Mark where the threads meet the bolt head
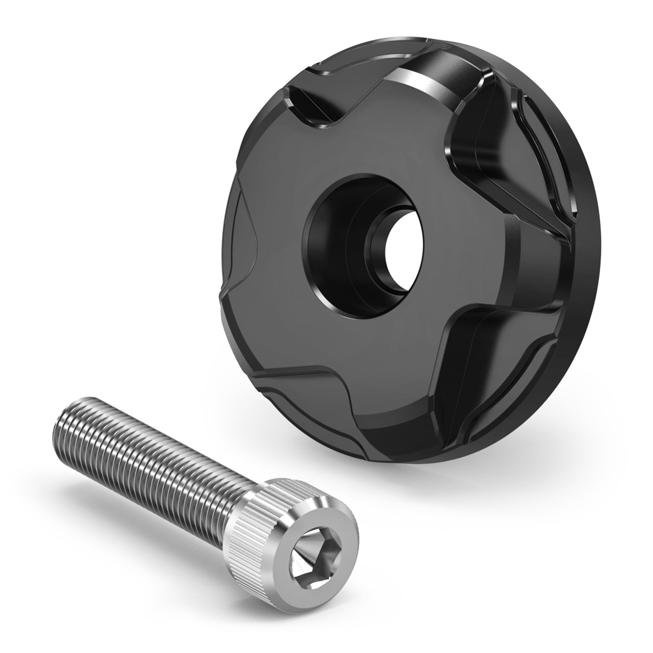pyautogui.click(x=241, y=498)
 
